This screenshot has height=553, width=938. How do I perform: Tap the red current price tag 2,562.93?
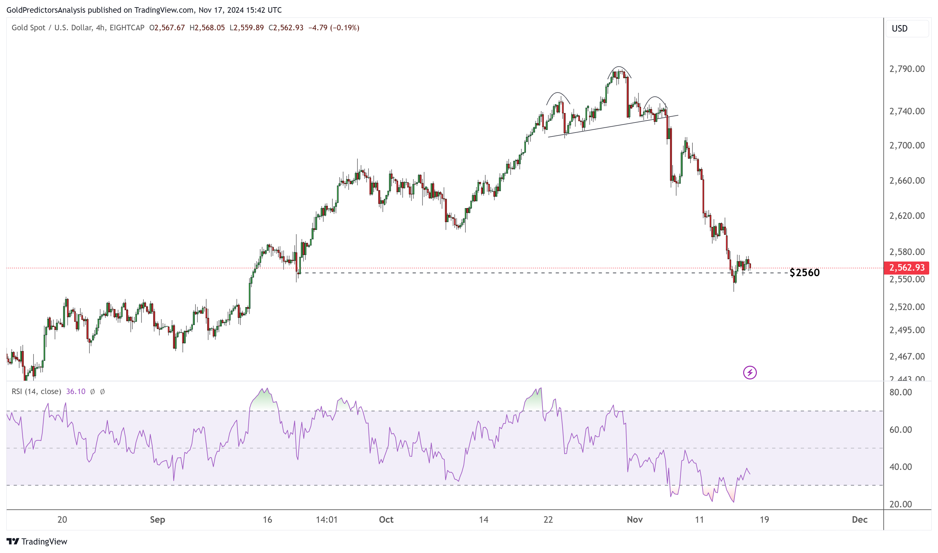[x=906, y=268]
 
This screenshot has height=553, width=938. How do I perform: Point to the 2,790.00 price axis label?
[x=907, y=69]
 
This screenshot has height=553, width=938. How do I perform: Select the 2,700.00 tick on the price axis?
[x=907, y=145]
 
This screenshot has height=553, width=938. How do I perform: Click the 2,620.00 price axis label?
[x=907, y=216]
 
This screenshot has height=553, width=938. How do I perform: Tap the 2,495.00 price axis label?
[x=907, y=330]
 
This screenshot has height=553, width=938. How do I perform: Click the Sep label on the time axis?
[x=157, y=519]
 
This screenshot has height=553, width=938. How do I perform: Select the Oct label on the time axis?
[x=386, y=519]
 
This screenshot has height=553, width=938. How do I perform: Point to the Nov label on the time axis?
[x=635, y=519]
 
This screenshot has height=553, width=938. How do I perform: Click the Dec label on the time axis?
[x=860, y=519]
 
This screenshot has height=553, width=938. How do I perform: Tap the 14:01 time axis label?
[x=327, y=519]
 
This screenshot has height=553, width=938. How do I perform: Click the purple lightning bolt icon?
[x=750, y=372]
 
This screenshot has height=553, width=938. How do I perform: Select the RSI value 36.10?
[x=75, y=391]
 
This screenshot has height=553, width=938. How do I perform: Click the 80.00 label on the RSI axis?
[x=900, y=392]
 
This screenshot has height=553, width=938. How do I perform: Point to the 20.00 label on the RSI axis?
[x=900, y=504]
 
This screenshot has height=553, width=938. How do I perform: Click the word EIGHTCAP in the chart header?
[x=127, y=28]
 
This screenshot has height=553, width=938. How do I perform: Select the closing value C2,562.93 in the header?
[x=286, y=28]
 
